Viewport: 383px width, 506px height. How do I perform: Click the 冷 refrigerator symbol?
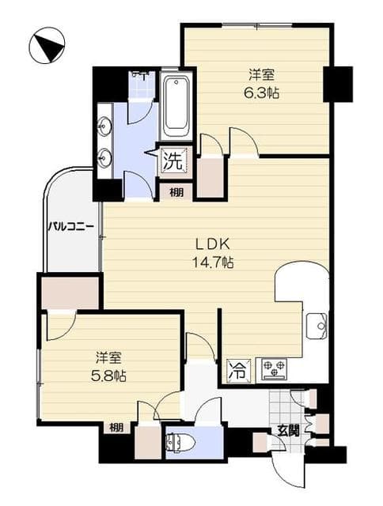coord(236,368)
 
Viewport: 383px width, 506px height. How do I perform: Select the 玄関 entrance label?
coord(288,431)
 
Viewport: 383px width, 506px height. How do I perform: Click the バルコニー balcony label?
coord(70,225)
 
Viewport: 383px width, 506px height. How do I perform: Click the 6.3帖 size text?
coord(262,93)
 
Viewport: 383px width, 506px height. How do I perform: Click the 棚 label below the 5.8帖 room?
coord(116,429)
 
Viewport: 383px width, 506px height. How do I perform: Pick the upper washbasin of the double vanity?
coord(104,125)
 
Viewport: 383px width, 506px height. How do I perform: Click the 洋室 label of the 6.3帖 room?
coord(262,74)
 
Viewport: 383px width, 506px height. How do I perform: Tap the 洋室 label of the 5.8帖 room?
coord(110,357)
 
